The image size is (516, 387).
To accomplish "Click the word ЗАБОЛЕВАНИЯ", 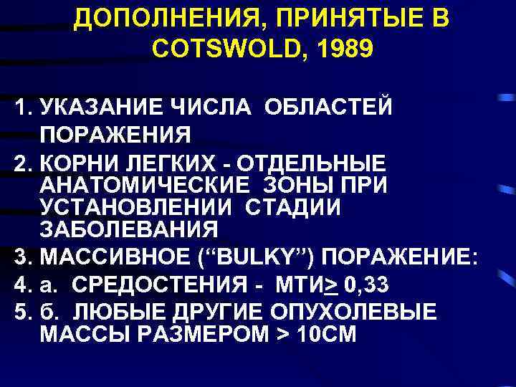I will tap(128, 231).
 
